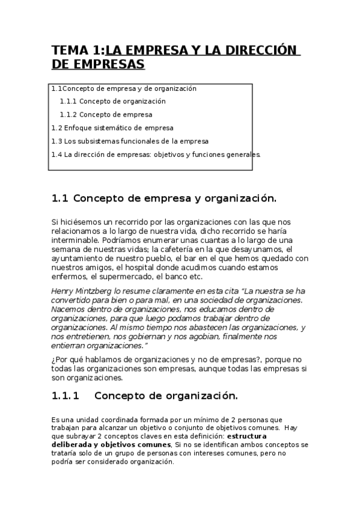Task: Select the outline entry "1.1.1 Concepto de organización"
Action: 112,101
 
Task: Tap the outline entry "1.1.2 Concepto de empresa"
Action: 106,114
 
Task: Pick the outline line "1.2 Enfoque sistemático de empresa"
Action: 112,127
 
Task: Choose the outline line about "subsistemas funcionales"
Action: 130,141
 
